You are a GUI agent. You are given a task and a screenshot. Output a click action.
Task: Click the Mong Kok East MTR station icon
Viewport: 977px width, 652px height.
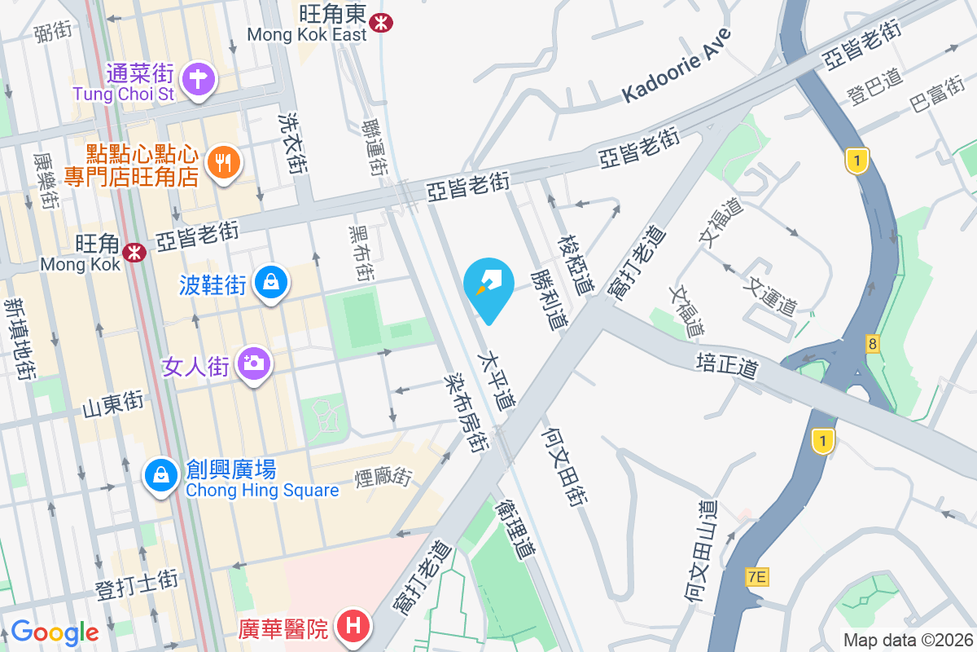(x=379, y=22)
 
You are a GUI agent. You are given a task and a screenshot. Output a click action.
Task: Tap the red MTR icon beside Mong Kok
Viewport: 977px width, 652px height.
(x=134, y=253)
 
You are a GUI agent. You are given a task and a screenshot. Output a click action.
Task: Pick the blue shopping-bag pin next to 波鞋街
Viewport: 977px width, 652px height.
(x=270, y=284)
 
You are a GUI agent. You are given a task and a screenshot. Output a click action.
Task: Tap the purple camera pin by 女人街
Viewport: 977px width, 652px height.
(x=254, y=363)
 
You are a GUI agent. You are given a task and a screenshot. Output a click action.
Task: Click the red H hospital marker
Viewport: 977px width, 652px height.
(x=353, y=628)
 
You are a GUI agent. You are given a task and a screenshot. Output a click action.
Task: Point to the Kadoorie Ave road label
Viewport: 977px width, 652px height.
(x=677, y=64)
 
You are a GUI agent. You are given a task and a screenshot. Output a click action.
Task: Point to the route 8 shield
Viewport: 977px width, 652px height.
(x=873, y=345)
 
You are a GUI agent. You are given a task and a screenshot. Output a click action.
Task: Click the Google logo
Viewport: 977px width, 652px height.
(x=55, y=632)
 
